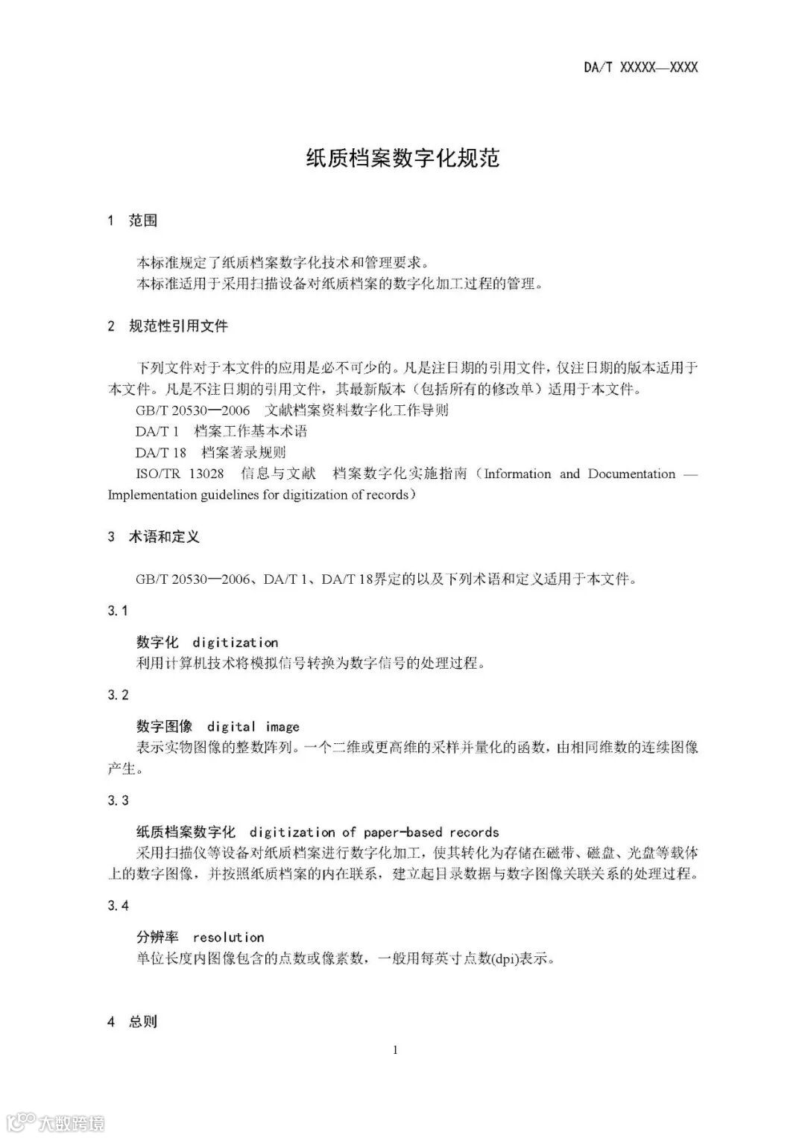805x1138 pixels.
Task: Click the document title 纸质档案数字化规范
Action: [x=402, y=158]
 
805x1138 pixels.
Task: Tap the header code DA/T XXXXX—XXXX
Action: [x=640, y=68]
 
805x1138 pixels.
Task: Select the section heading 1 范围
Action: [x=133, y=220]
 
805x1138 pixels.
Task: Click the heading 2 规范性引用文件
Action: [x=168, y=325]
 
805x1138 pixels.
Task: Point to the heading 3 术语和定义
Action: [x=154, y=537]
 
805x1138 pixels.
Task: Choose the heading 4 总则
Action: [x=133, y=1022]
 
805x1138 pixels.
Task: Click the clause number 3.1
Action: [x=118, y=611]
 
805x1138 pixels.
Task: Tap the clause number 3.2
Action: [x=118, y=695]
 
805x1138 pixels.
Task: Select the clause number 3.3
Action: [x=118, y=801]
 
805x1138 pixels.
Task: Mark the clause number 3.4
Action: [x=118, y=906]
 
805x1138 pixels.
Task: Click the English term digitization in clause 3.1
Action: [x=236, y=643]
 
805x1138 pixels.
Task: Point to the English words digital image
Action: [x=253, y=727]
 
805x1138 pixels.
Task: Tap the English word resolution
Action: [x=228, y=938]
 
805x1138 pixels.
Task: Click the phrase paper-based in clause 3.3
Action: [x=402, y=833]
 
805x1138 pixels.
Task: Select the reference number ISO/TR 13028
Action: [x=180, y=474]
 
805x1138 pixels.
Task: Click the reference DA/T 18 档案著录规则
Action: [x=210, y=452]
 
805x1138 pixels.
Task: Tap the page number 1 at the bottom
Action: [x=395, y=1050]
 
